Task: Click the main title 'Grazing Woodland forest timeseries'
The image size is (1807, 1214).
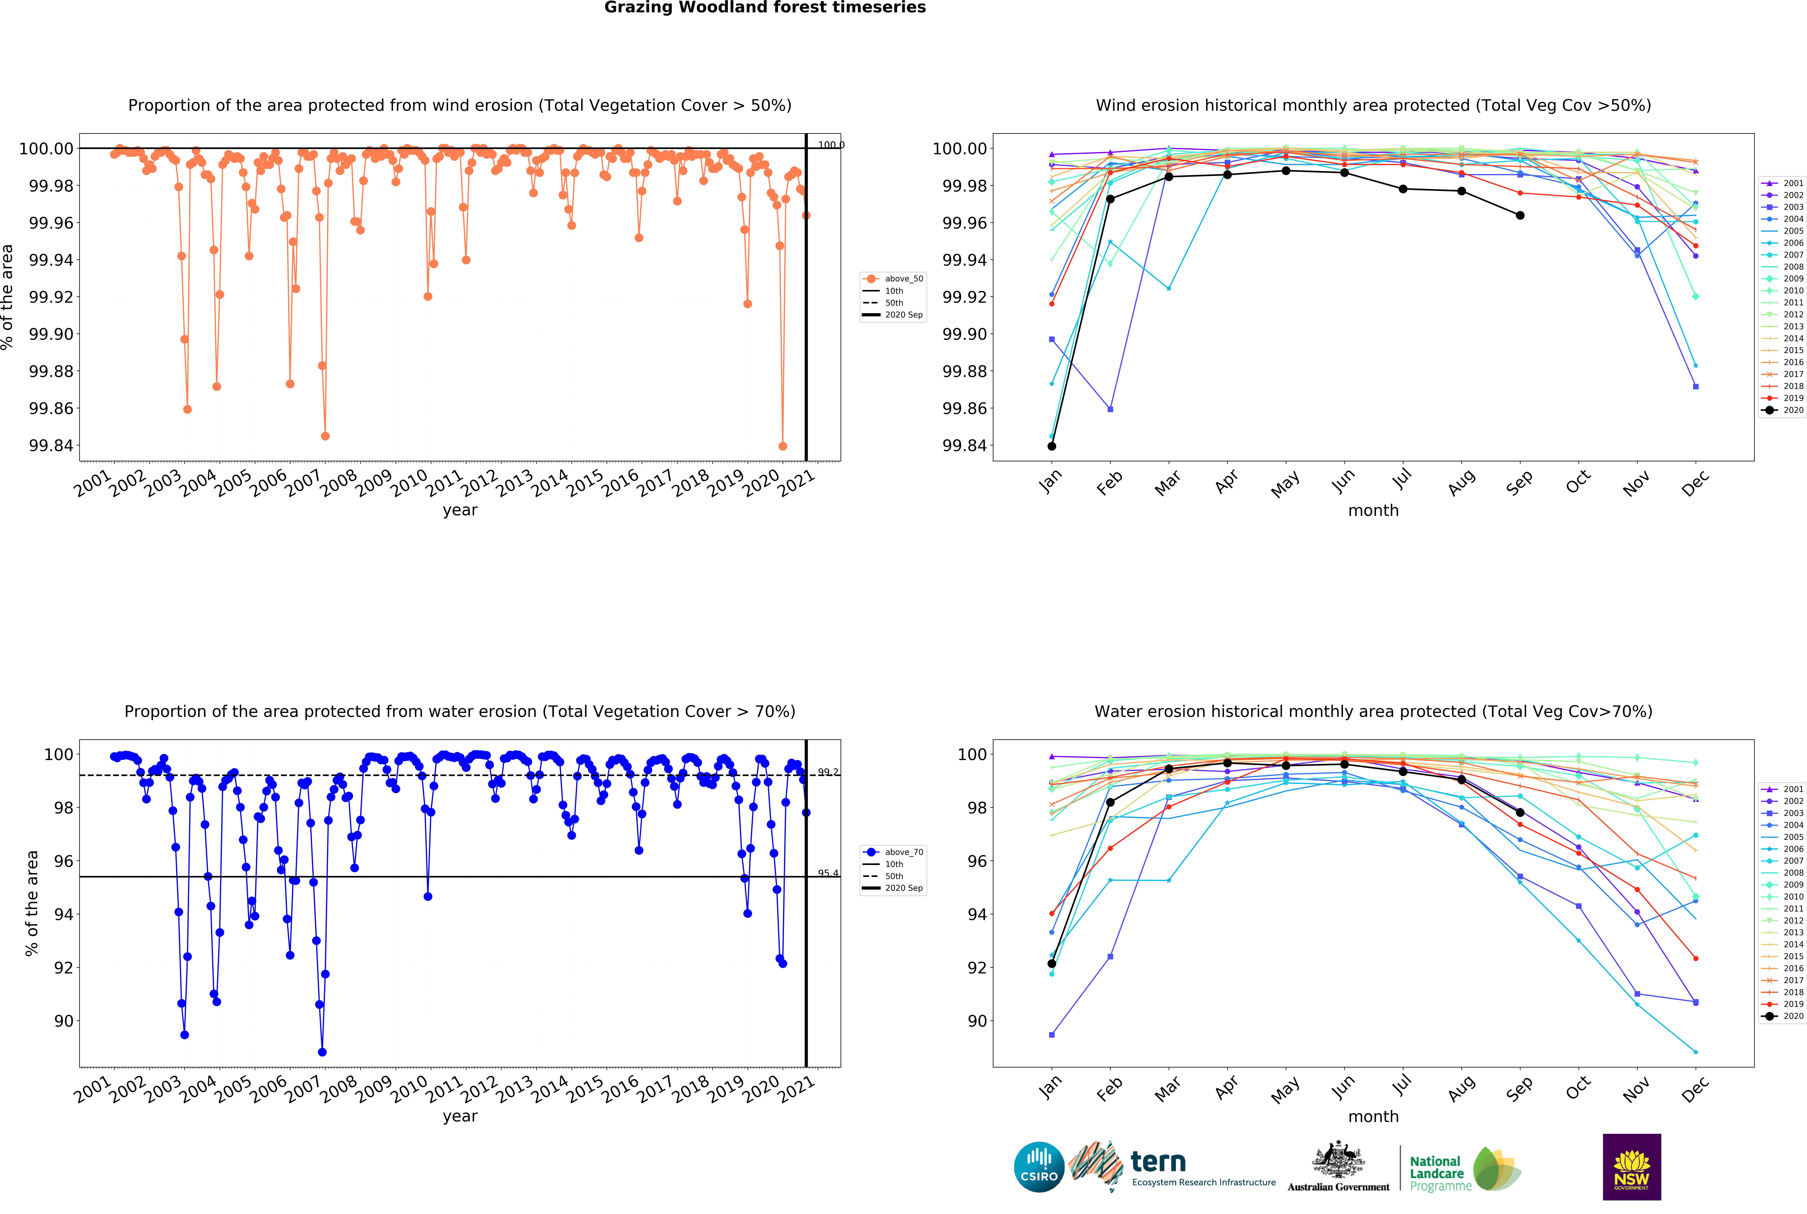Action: pyautogui.click(x=765, y=8)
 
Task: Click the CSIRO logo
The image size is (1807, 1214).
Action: pyautogui.click(x=1039, y=1167)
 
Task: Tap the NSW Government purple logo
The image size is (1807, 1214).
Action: pyautogui.click(x=1631, y=1167)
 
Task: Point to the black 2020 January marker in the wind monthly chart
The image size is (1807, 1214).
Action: pyautogui.click(x=1051, y=446)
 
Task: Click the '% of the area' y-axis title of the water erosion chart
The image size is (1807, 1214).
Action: pyautogui.click(x=32, y=903)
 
